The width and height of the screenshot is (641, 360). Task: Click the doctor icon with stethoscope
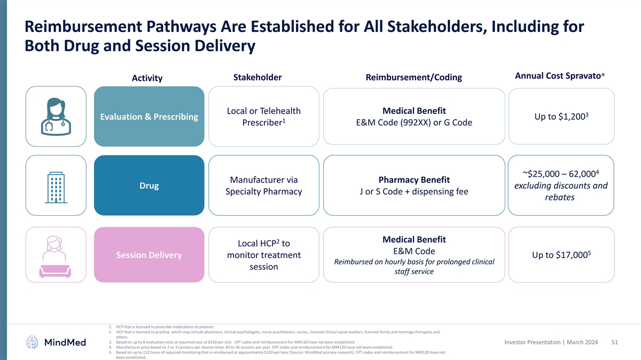56,116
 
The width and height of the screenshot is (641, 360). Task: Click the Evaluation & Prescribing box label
150,116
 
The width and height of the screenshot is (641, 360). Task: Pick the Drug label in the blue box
149,186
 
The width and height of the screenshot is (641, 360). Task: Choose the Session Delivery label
149,255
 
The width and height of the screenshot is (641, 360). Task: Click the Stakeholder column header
257,77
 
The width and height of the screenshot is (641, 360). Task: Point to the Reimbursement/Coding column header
413,77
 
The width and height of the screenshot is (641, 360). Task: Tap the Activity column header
147,79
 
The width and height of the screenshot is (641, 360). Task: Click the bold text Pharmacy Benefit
414,179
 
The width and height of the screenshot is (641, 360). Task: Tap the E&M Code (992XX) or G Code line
414,123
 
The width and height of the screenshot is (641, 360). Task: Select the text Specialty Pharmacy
264,192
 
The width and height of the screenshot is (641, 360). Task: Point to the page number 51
614,342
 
